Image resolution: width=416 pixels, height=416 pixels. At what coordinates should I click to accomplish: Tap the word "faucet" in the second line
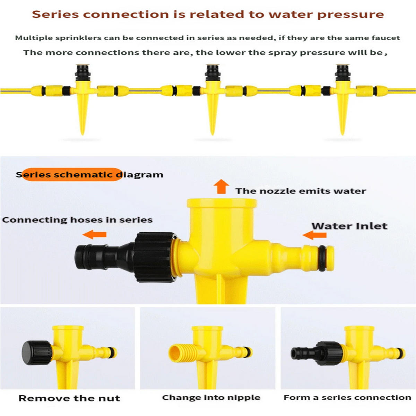385,38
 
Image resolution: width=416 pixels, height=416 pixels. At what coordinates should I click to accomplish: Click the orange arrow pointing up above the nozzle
221,186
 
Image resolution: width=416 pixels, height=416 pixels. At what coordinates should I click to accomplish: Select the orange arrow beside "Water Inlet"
314,235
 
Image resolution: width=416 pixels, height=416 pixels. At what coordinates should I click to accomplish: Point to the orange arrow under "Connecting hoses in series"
94,234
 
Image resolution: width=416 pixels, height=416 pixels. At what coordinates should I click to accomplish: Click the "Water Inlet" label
349,226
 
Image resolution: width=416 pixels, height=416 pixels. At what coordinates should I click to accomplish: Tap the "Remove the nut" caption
69,398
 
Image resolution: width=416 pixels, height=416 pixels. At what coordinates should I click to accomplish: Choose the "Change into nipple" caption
211,398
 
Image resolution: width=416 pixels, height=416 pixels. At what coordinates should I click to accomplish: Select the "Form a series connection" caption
347,397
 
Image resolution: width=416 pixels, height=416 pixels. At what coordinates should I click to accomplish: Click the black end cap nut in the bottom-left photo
37,353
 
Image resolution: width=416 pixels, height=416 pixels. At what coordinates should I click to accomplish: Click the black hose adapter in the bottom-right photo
316,353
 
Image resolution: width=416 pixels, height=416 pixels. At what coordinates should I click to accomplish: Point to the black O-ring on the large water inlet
322,258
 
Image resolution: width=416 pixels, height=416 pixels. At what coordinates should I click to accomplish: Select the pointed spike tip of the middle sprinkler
213,134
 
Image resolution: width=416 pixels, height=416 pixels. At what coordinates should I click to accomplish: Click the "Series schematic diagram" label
89,174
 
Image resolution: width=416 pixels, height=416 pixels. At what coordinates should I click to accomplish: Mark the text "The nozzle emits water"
301,191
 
